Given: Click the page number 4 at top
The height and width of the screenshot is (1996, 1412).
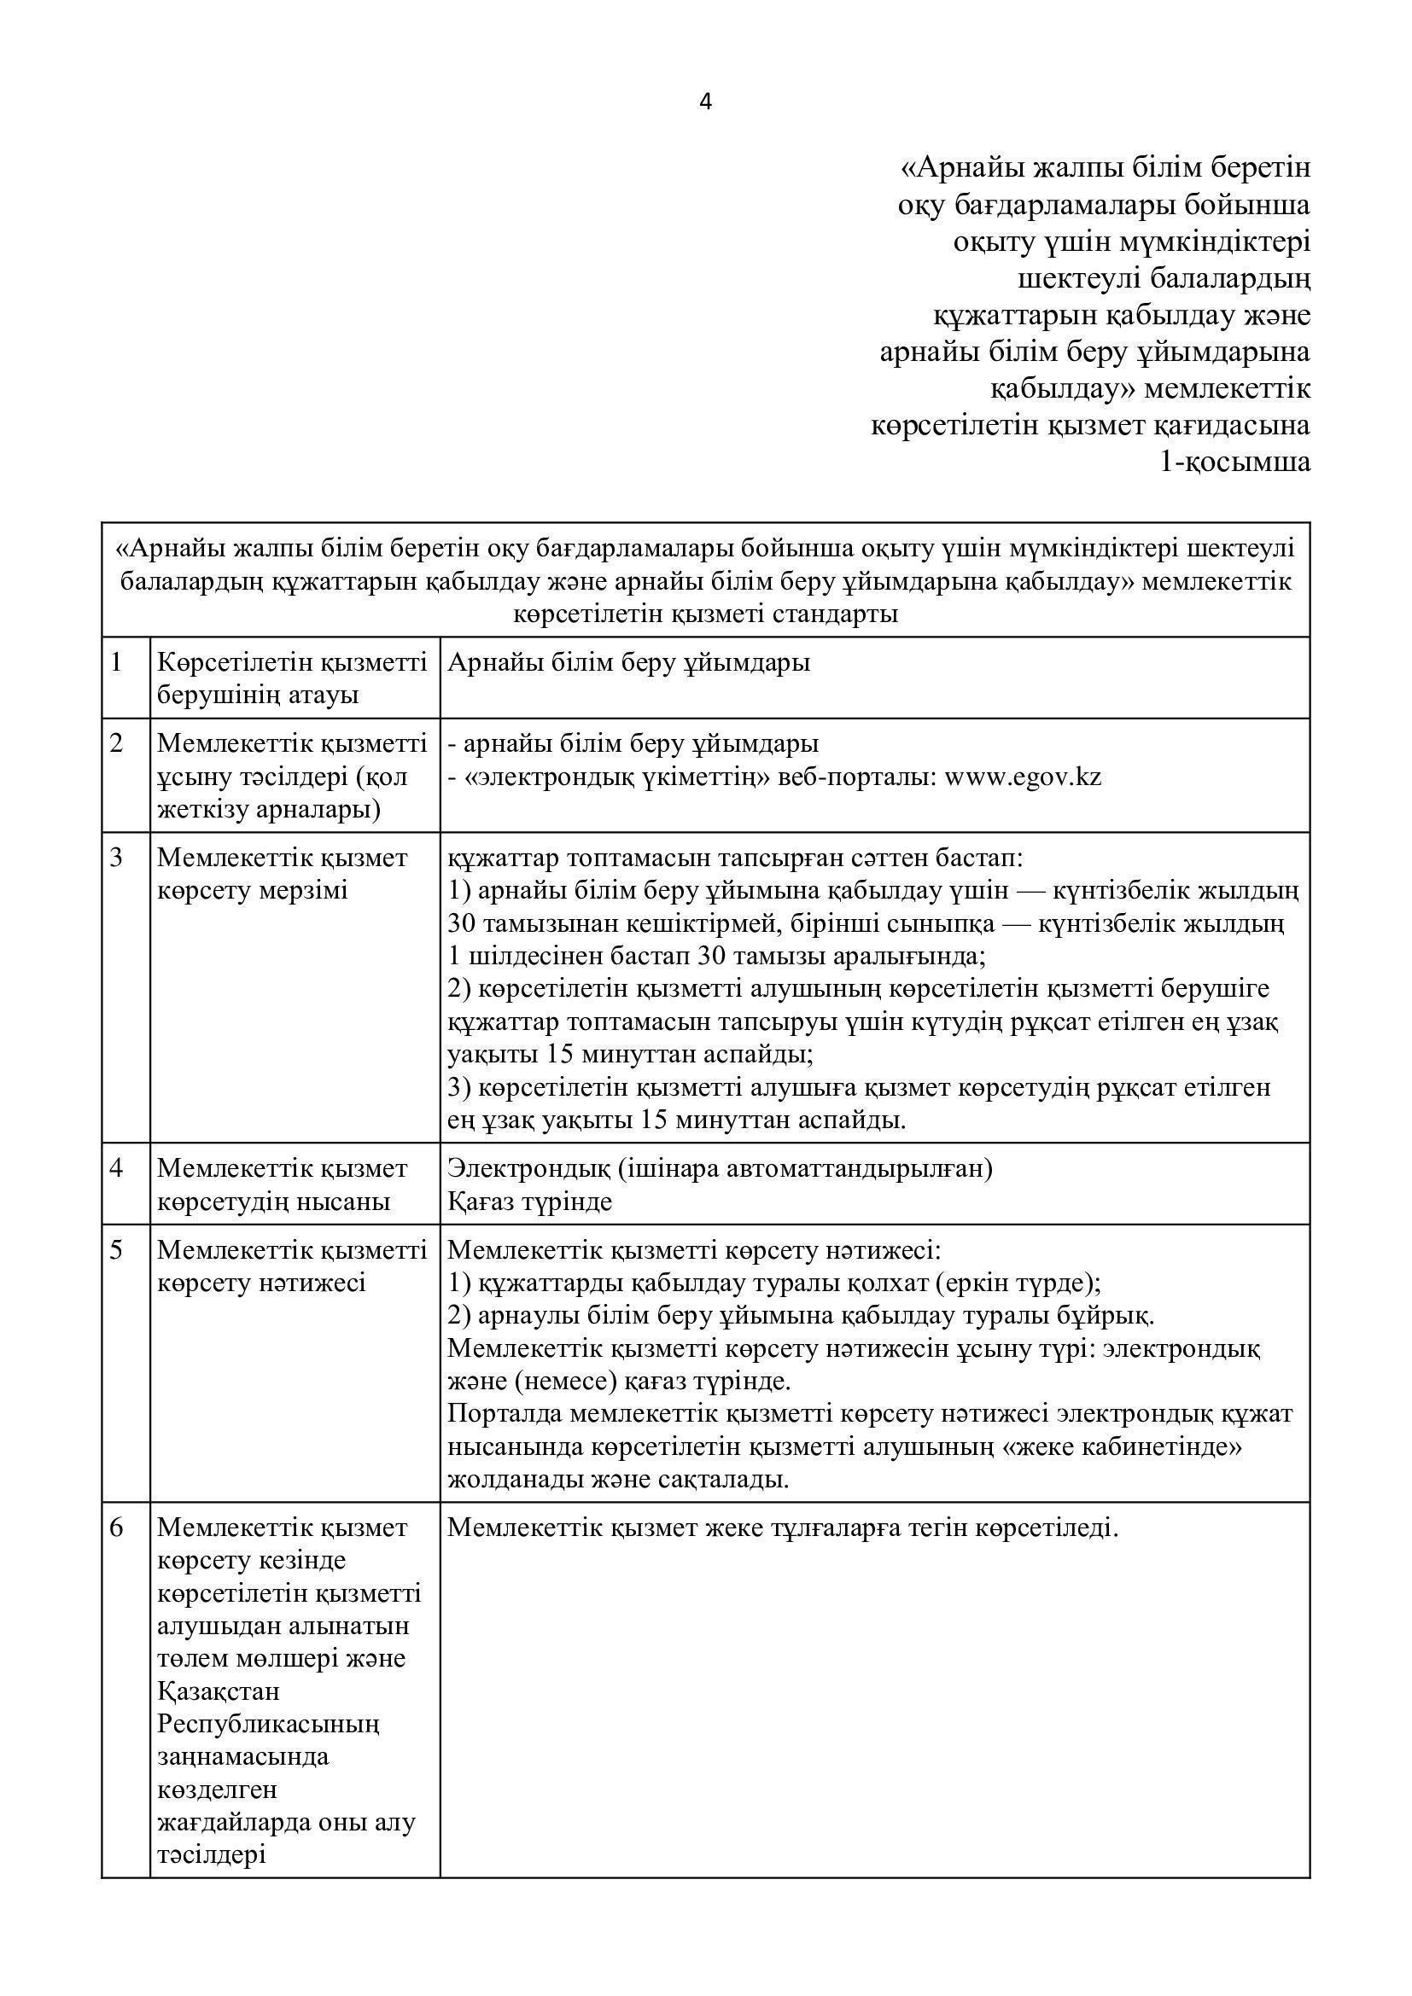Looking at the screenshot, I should click(705, 102).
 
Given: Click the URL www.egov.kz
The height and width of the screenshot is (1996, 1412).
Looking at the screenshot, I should click(1023, 777).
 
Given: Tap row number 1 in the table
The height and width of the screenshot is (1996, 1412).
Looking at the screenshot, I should click(116, 662).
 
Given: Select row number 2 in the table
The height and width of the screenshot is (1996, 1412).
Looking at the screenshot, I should click(116, 743).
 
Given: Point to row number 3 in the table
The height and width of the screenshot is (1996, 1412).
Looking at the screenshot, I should click(116, 857).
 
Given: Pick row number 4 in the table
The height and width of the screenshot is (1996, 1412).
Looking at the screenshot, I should click(116, 1167).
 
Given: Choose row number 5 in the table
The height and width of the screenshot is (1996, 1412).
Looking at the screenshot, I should click(116, 1249).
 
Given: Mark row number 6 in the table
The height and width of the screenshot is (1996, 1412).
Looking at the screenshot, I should click(116, 1527).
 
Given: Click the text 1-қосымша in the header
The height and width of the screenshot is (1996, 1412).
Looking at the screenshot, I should click(1234, 462).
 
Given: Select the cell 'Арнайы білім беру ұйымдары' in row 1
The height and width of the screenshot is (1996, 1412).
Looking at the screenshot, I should click(628, 662).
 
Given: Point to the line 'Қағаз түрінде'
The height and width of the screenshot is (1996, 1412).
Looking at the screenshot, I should click(529, 1202).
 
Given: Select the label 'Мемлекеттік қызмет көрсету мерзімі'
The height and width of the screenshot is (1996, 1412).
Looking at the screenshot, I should click(282, 874).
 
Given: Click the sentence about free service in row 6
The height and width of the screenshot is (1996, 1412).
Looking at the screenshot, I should click(783, 1528).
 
